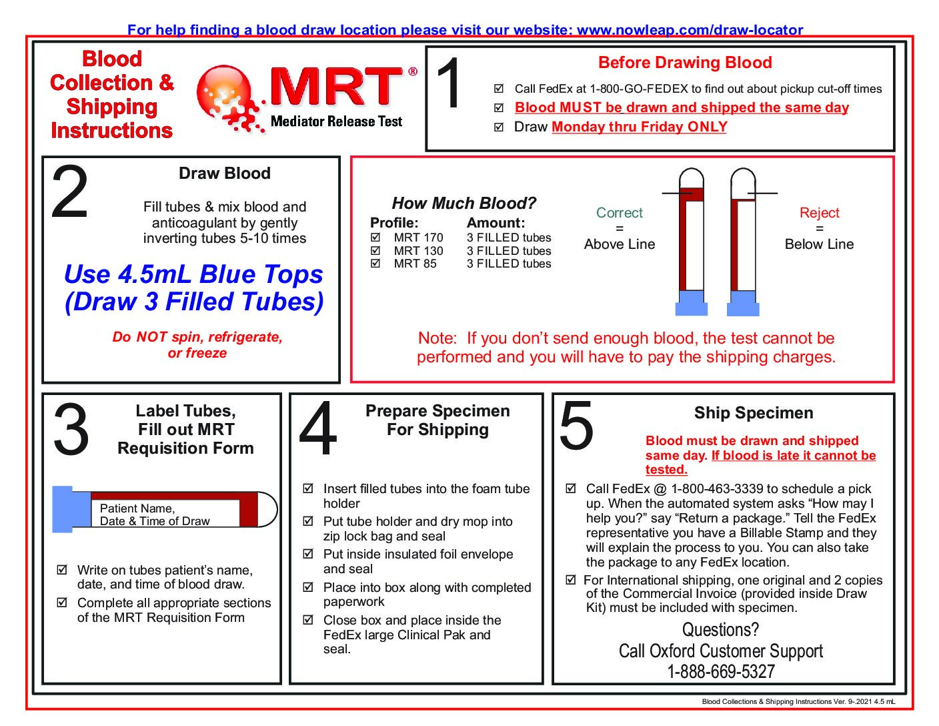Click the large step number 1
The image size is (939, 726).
[450, 84]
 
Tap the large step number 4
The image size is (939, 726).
[318, 428]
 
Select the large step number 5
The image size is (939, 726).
[576, 426]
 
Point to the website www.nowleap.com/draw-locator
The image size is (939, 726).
[690, 30]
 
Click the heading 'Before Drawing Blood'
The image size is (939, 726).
[685, 63]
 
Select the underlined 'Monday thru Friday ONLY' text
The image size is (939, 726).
[639, 127]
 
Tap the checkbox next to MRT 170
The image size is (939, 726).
[375, 238]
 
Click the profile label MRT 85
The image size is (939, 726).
[415, 264]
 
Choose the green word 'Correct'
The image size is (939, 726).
[619, 213]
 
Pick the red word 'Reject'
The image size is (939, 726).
[819, 213]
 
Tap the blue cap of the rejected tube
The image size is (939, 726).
[743, 304]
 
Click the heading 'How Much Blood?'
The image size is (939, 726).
[463, 203]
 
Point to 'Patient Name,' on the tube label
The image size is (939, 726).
[137, 508]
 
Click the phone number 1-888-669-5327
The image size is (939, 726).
[721, 671]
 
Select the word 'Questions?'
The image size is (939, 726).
[720, 629]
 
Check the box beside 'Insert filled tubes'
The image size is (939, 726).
[308, 488]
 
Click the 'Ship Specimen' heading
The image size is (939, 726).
[754, 413]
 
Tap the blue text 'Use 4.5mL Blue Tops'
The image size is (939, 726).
[193, 274]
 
